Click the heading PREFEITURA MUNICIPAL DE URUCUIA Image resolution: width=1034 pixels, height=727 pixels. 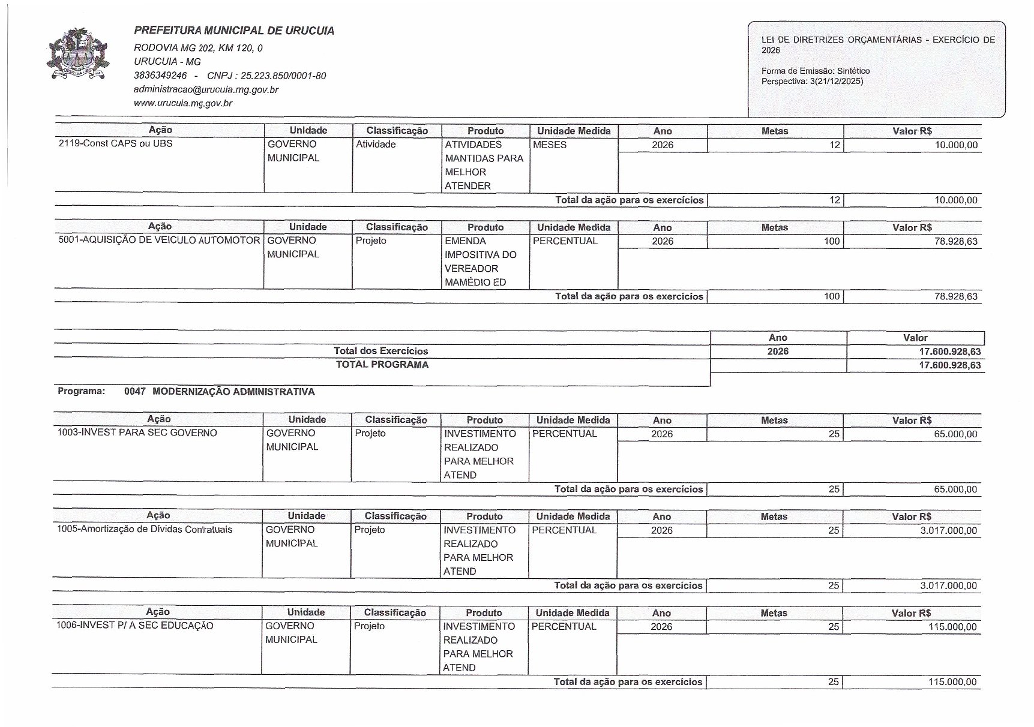pos(234,31)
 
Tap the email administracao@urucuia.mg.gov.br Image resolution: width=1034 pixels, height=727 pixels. pos(206,89)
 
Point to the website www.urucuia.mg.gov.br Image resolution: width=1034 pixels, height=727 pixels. pos(182,103)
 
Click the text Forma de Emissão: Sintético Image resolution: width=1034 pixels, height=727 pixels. pos(815,71)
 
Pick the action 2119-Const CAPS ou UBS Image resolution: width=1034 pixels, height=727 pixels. pos(115,144)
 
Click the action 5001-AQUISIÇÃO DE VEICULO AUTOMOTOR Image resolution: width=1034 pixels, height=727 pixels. pos(159,241)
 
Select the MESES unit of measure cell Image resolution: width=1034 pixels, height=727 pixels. pos(550,145)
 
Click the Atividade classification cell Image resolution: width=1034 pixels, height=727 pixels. pos(376,145)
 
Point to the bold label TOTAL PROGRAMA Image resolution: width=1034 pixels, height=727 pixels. pos(382,365)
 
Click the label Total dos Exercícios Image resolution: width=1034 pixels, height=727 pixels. pos(381,351)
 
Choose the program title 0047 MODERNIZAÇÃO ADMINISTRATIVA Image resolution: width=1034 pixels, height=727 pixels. pos(219,392)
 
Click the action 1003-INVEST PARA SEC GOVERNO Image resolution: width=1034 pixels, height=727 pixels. pos(137,433)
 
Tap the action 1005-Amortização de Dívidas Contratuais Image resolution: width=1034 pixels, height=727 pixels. pos(144,530)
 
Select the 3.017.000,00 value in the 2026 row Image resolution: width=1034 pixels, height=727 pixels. pos(948,531)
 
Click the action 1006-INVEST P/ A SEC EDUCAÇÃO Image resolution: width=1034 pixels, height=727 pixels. pos(134,626)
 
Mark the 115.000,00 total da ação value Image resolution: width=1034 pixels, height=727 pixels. pos(952,682)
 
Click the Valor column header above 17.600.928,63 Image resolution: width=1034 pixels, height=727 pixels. pos(915,338)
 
